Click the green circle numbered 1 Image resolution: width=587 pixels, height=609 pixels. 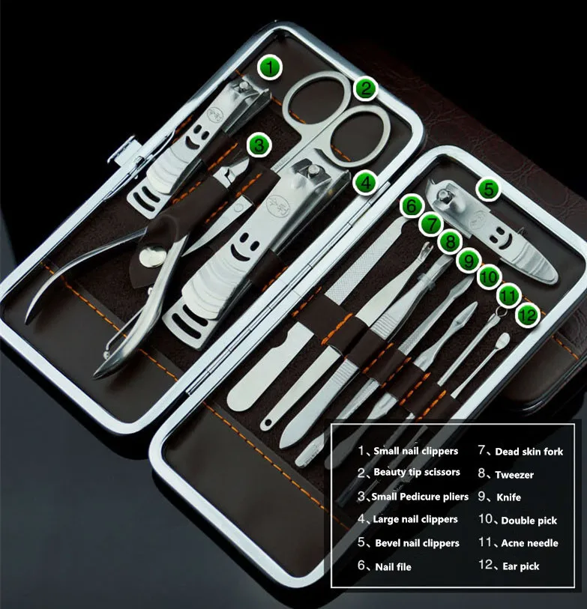pos(270,67)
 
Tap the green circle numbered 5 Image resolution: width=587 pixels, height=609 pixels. pos(488,190)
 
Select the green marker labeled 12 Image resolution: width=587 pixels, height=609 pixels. pos(528,315)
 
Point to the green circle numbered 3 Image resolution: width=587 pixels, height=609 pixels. pos(259,145)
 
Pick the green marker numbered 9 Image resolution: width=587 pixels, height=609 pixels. pos(468,260)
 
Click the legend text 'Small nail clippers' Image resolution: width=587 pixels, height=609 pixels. pos(415,451)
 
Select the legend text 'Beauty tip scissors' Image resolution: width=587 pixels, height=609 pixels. pos(417,473)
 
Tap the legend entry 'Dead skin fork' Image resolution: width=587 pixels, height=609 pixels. pos(529,452)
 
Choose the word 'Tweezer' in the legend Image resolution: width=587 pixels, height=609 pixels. pos(514,474)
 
